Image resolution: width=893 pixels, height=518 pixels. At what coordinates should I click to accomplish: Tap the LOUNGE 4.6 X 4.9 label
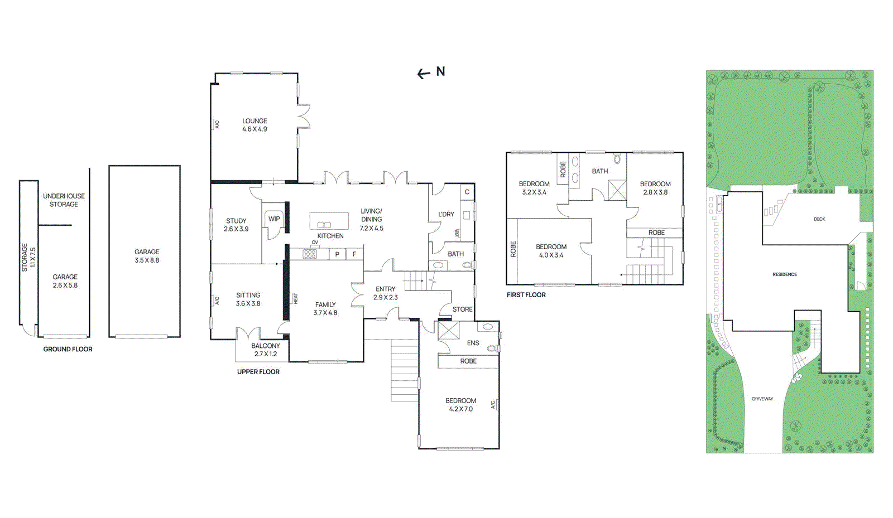[x=255, y=125]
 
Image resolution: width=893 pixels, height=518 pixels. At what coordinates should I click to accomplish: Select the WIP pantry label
[x=274, y=219]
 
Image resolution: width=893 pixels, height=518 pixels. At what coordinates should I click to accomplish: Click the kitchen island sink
[x=324, y=225]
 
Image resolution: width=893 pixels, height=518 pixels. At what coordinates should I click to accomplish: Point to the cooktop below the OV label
[x=310, y=254]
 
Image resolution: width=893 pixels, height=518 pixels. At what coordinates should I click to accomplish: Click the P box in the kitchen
[x=337, y=254]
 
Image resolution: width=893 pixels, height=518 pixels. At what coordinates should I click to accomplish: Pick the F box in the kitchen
[x=354, y=254]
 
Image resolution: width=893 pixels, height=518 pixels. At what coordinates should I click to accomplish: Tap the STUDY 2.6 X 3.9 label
[x=236, y=225]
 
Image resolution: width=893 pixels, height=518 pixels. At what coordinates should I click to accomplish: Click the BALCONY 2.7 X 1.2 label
[x=266, y=350]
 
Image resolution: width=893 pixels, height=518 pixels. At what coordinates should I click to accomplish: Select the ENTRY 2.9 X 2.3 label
[x=385, y=293]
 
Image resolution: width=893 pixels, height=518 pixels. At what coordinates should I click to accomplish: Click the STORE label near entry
[x=462, y=309]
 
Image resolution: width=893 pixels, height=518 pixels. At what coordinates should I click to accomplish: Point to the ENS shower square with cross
[x=448, y=330]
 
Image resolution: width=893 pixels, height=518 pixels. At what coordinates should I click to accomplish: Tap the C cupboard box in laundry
[x=467, y=192]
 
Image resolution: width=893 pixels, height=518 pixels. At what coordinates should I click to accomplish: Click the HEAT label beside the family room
[x=296, y=298]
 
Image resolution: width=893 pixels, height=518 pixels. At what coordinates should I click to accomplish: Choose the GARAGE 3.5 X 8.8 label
[x=147, y=256]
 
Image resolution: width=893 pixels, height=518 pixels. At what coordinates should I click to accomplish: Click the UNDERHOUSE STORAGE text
[x=64, y=200]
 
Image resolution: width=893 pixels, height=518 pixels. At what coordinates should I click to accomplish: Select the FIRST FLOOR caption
[x=526, y=295]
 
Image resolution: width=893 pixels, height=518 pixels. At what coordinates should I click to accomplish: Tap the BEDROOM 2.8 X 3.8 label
[x=655, y=188]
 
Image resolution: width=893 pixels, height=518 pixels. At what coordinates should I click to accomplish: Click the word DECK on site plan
[x=819, y=219]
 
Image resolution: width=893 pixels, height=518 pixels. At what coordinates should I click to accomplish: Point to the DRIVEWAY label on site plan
[x=762, y=399]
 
